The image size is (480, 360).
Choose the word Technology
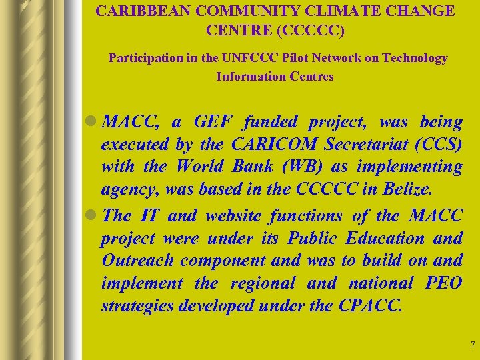pyautogui.click(x=413, y=58)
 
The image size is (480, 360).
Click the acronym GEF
pyautogui.click(x=213, y=123)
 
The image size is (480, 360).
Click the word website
pyautogui.click(x=234, y=215)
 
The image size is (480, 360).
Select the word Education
pyautogui.click(x=383, y=238)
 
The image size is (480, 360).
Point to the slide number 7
pyautogui.click(x=472, y=345)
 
